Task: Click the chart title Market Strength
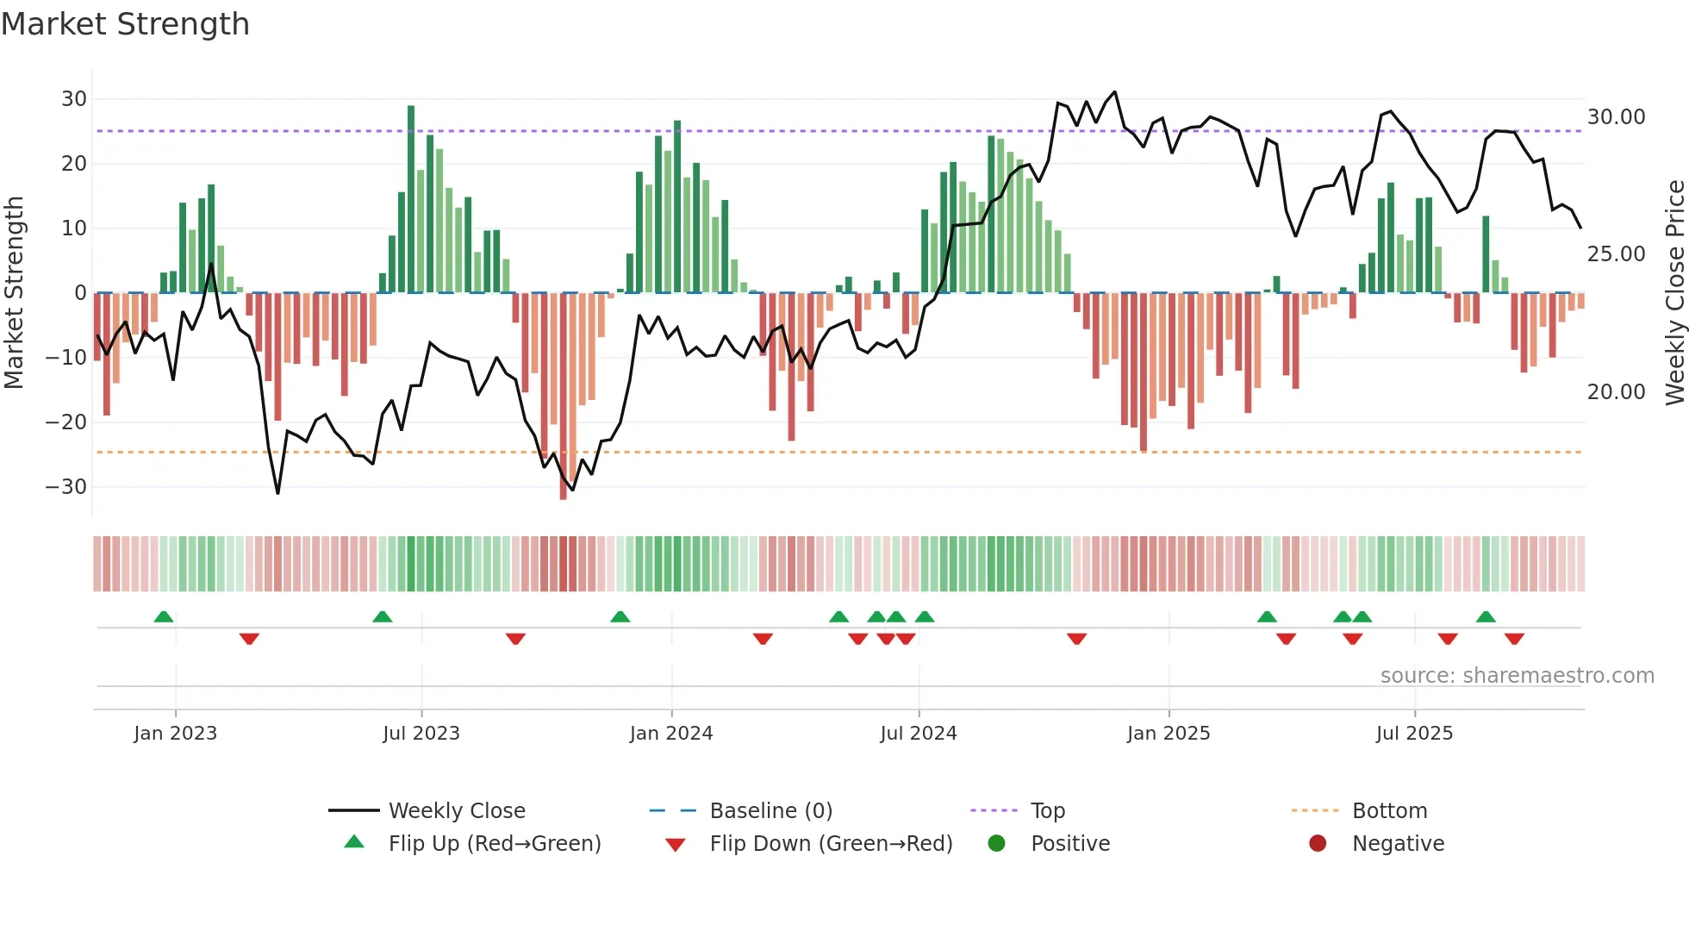[125, 24]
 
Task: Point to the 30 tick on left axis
[74, 99]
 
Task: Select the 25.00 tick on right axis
[1616, 254]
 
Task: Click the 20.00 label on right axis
[1616, 392]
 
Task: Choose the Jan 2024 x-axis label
[671, 734]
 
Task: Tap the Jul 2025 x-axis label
[1414, 734]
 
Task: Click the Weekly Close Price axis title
[1674, 293]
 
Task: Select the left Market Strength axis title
[15, 293]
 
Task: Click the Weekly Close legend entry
[457, 811]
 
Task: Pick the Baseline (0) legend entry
[770, 811]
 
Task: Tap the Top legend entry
[1048, 811]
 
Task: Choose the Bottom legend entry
[1389, 811]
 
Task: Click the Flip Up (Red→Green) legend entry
[494, 844]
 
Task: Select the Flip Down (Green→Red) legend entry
[831, 844]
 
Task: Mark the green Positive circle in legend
[997, 844]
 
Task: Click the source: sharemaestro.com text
[1517, 676]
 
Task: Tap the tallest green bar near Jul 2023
[411, 198]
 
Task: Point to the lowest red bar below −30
[563, 397]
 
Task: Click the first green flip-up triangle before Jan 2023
[164, 616]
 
